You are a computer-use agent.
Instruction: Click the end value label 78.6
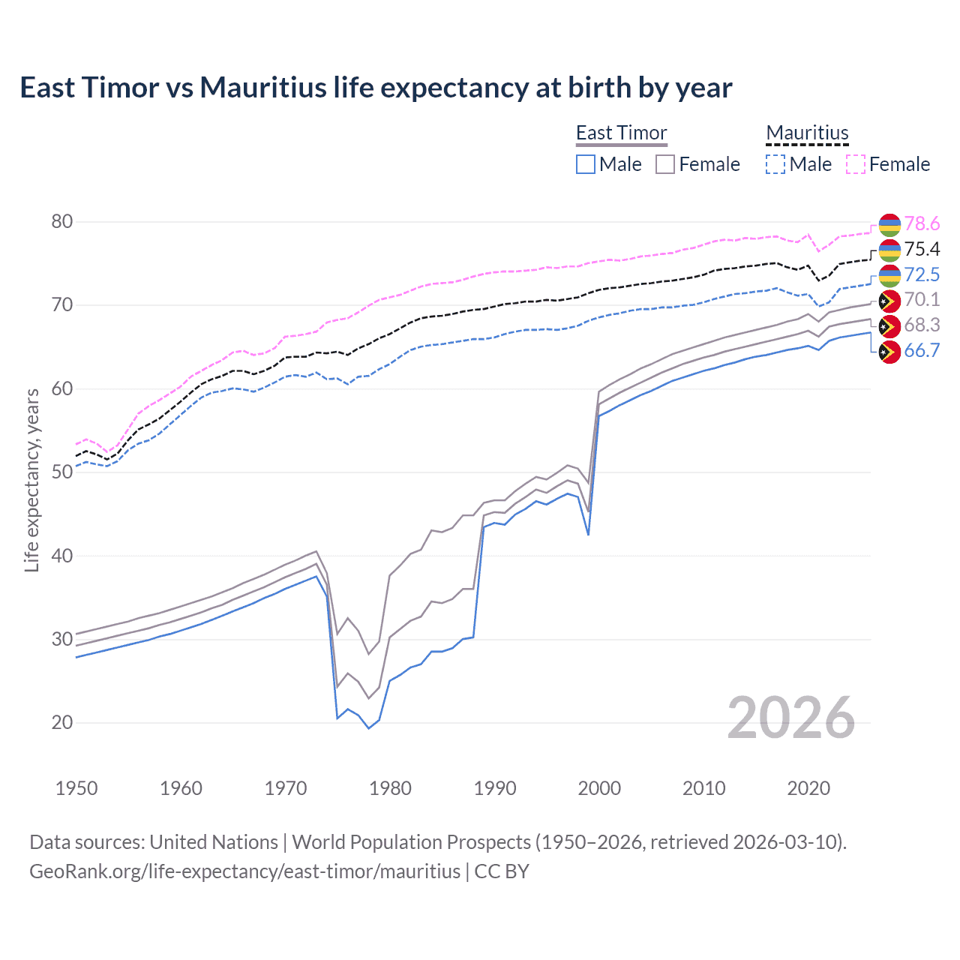point(922,223)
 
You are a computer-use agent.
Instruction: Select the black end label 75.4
point(922,249)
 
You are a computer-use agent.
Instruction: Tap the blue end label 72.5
point(922,274)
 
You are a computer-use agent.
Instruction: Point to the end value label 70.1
point(922,299)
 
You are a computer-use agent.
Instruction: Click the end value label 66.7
point(922,350)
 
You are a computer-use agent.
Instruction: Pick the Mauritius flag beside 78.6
point(889,224)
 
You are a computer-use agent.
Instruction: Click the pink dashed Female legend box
point(856,164)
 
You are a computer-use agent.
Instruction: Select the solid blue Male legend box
point(586,164)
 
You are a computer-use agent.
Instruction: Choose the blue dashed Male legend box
point(775,164)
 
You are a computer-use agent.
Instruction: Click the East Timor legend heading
point(621,133)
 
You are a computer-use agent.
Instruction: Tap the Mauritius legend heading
point(807,133)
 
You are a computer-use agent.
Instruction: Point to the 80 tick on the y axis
point(62,221)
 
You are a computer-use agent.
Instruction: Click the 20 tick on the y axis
point(62,722)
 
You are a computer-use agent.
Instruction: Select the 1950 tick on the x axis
point(76,788)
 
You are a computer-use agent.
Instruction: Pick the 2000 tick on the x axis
point(599,788)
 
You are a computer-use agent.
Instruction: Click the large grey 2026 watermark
point(790,718)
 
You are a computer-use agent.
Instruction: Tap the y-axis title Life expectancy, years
point(31,480)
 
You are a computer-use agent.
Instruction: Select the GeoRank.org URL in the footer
point(244,871)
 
